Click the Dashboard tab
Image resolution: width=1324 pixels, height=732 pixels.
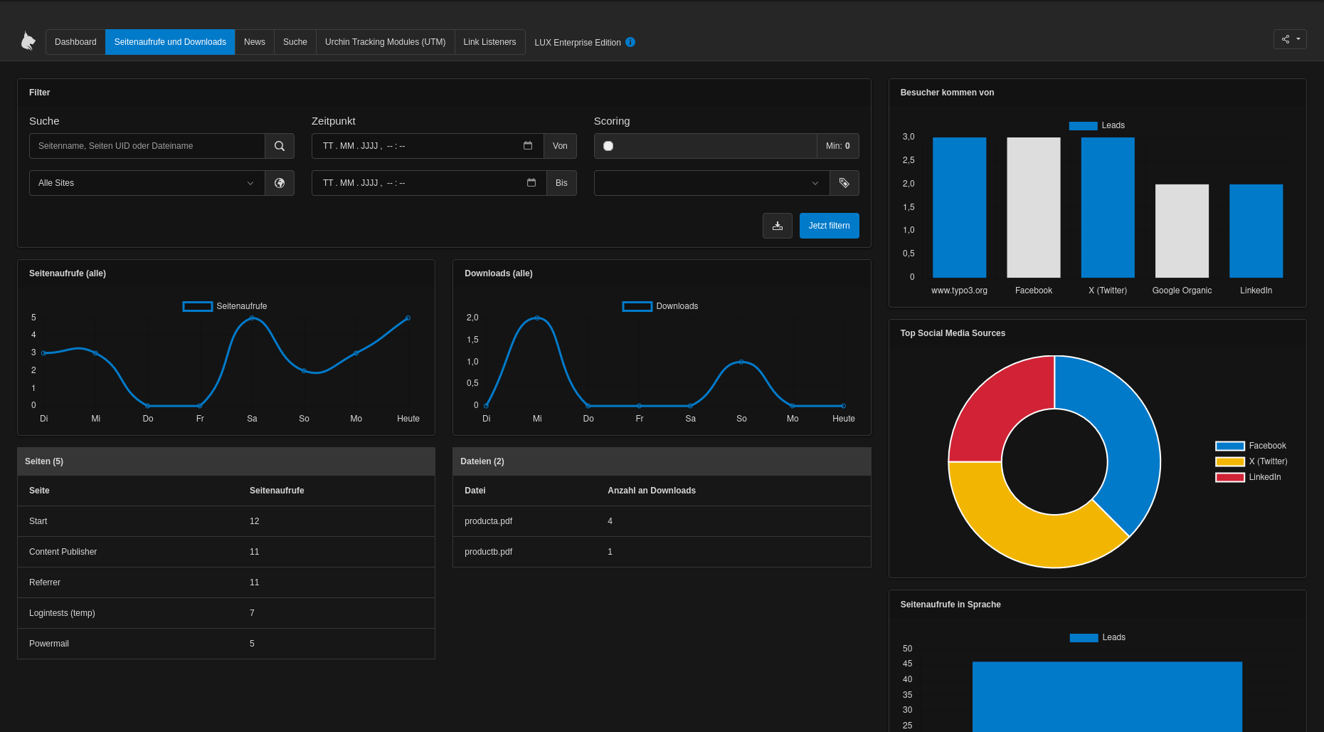[x=75, y=42]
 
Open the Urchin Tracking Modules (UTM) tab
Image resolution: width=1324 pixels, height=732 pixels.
[x=385, y=42]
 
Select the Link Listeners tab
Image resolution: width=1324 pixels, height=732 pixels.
[x=489, y=42]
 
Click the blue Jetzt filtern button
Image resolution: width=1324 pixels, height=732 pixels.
[x=829, y=226]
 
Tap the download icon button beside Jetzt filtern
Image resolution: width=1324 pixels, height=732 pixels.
[x=777, y=226]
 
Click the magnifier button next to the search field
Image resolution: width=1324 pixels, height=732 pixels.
[x=280, y=146]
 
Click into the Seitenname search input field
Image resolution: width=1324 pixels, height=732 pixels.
[x=147, y=146]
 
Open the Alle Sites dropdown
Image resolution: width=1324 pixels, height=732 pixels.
[x=147, y=183]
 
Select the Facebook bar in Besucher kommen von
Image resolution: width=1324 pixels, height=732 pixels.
[x=1033, y=207]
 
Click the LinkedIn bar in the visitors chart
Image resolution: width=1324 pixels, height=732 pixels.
[x=1256, y=231]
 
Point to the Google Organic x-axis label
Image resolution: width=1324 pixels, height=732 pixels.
[x=1182, y=291]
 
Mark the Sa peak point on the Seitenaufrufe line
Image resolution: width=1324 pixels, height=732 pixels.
[x=252, y=318]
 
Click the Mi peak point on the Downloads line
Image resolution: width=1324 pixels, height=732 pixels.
[x=537, y=318]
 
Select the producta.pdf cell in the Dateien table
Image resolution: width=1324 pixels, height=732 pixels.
[x=488, y=521]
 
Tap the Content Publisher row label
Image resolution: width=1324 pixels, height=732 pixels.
[x=63, y=552]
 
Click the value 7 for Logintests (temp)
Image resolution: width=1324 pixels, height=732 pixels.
[x=252, y=613]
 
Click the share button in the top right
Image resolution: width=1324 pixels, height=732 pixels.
[x=1289, y=39]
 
